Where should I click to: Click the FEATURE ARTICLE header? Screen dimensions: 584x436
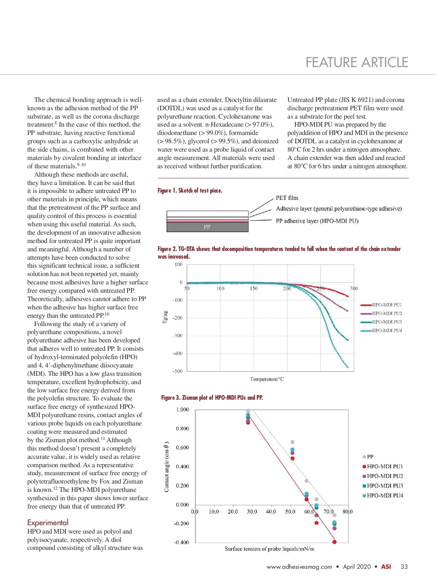pyautogui.click(x=357, y=62)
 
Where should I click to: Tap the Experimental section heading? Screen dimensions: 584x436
pyautogui.click(x=48, y=522)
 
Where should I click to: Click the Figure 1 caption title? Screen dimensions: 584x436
pyautogui.click(x=190, y=190)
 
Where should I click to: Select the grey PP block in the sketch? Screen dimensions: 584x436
pyautogui.click(x=207, y=227)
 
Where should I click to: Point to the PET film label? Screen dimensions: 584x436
pyautogui.click(x=287, y=198)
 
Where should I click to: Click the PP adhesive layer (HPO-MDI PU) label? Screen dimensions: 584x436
pyautogui.click(x=317, y=221)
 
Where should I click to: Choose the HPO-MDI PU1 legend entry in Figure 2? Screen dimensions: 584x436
pyautogui.click(x=387, y=305)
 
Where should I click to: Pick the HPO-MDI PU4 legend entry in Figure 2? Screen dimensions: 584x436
pyautogui.click(x=387, y=330)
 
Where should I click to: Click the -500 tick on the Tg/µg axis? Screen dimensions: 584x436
pyautogui.click(x=177, y=371)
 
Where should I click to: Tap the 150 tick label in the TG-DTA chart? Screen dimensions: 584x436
pyautogui.click(x=254, y=289)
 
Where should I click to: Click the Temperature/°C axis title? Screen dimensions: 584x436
pyautogui.click(x=267, y=379)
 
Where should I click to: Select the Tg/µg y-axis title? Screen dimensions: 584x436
pyautogui.click(x=165, y=317)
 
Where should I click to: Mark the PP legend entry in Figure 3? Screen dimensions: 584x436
pyautogui.click(x=370, y=457)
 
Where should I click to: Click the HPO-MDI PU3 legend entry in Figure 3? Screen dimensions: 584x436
pyautogui.click(x=384, y=486)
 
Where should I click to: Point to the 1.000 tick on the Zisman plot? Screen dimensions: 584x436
pyautogui.click(x=182, y=410)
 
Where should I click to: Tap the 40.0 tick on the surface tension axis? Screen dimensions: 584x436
pyautogui.click(x=271, y=511)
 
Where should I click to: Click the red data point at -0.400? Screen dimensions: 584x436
pyautogui.click(x=334, y=542)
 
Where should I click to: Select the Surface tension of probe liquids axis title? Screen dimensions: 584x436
pyautogui.click(x=269, y=549)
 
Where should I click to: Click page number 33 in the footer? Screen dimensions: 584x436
pyautogui.click(x=404, y=567)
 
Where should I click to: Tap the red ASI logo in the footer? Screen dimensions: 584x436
pyautogui.click(x=386, y=567)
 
